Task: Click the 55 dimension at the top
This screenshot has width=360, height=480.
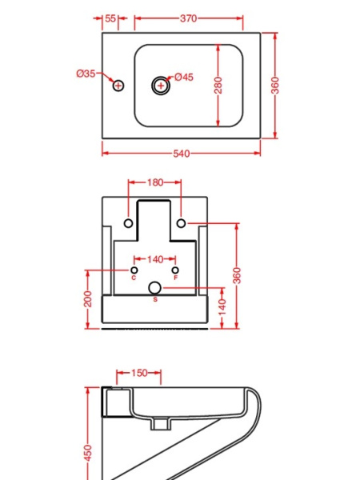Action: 110,18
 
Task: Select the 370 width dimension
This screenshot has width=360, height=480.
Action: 188,18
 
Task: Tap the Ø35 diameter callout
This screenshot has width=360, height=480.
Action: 86,74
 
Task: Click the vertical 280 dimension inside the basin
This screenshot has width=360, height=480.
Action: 218,86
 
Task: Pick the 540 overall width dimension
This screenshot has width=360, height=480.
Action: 181,154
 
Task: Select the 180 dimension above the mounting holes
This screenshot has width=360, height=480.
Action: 155,182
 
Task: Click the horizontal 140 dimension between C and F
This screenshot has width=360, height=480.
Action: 155,259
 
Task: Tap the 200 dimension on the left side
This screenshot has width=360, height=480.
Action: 88,299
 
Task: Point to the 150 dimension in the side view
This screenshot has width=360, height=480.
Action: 138,373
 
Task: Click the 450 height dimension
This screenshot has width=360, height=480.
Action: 88,452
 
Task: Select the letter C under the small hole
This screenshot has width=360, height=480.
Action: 134,278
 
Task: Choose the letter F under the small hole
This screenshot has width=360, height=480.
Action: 176,278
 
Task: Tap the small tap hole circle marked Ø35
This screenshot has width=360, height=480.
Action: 118,86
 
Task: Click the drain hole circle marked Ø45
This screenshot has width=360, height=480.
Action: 161,86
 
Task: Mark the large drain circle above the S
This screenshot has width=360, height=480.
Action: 155,287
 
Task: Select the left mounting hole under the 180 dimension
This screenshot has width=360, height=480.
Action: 129,222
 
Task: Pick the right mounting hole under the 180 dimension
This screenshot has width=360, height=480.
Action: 182,222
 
